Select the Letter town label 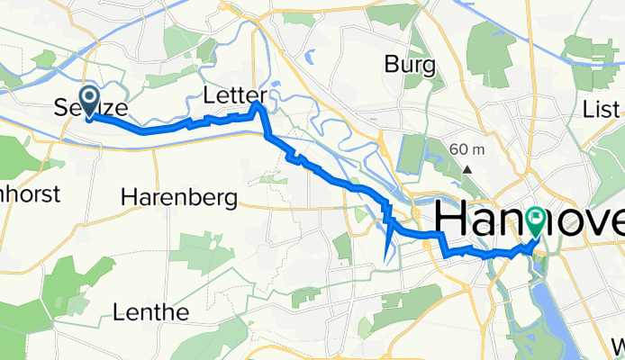point(234,94)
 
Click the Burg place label point(410,65)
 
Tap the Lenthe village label point(151,312)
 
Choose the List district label point(602,110)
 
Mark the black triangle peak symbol point(467,168)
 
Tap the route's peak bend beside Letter point(258,105)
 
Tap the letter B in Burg point(393,65)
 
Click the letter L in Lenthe point(122,312)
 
